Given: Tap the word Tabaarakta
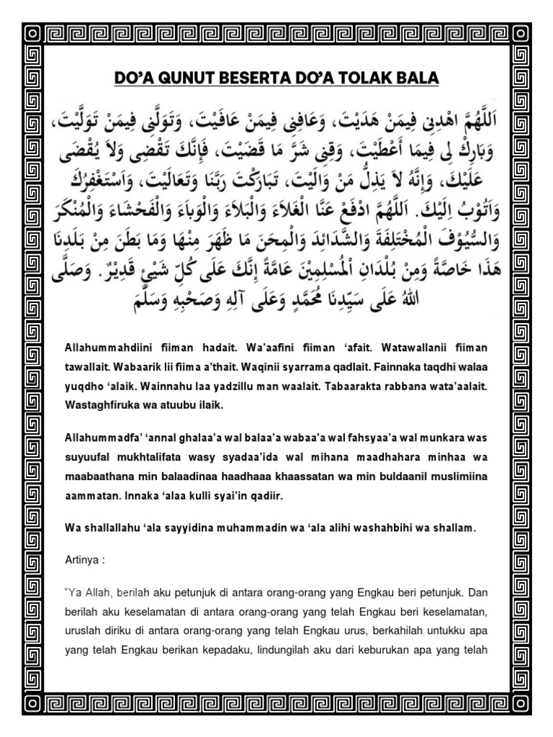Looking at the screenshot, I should click(x=341, y=387).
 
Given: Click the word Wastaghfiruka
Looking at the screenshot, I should click(x=99, y=407).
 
